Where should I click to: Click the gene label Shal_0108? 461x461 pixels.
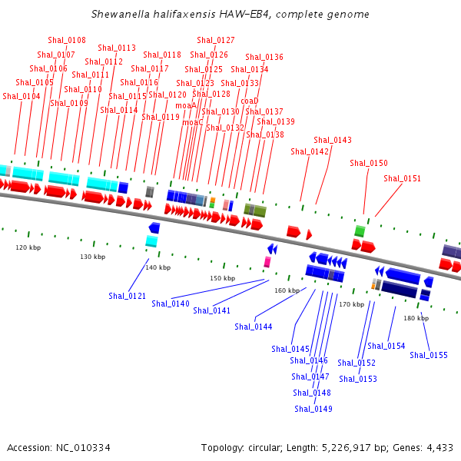tap(67, 40)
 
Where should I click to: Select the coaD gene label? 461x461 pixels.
tap(250, 101)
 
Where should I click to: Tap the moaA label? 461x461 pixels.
tap(186, 105)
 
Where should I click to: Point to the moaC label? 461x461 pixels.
tap(193, 122)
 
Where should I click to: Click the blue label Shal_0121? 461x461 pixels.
tap(128, 296)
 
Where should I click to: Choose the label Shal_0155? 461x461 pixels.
tap(429, 355)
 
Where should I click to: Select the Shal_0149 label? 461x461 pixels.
tap(313, 409)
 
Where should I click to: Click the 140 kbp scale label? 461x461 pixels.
tap(158, 267)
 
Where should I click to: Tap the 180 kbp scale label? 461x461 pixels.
tap(416, 318)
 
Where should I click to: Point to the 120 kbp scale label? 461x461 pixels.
tap(28, 247)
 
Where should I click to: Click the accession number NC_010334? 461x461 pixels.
tap(83, 448)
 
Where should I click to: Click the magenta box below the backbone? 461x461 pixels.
tap(267, 262)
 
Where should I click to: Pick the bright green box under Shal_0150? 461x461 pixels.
tap(360, 231)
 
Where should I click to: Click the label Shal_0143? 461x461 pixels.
tap(333, 140)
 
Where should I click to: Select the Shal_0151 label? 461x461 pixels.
tap(402, 178)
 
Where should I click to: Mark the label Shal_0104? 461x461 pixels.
tap(22, 96)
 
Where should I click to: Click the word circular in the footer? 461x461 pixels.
tap(265, 448)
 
